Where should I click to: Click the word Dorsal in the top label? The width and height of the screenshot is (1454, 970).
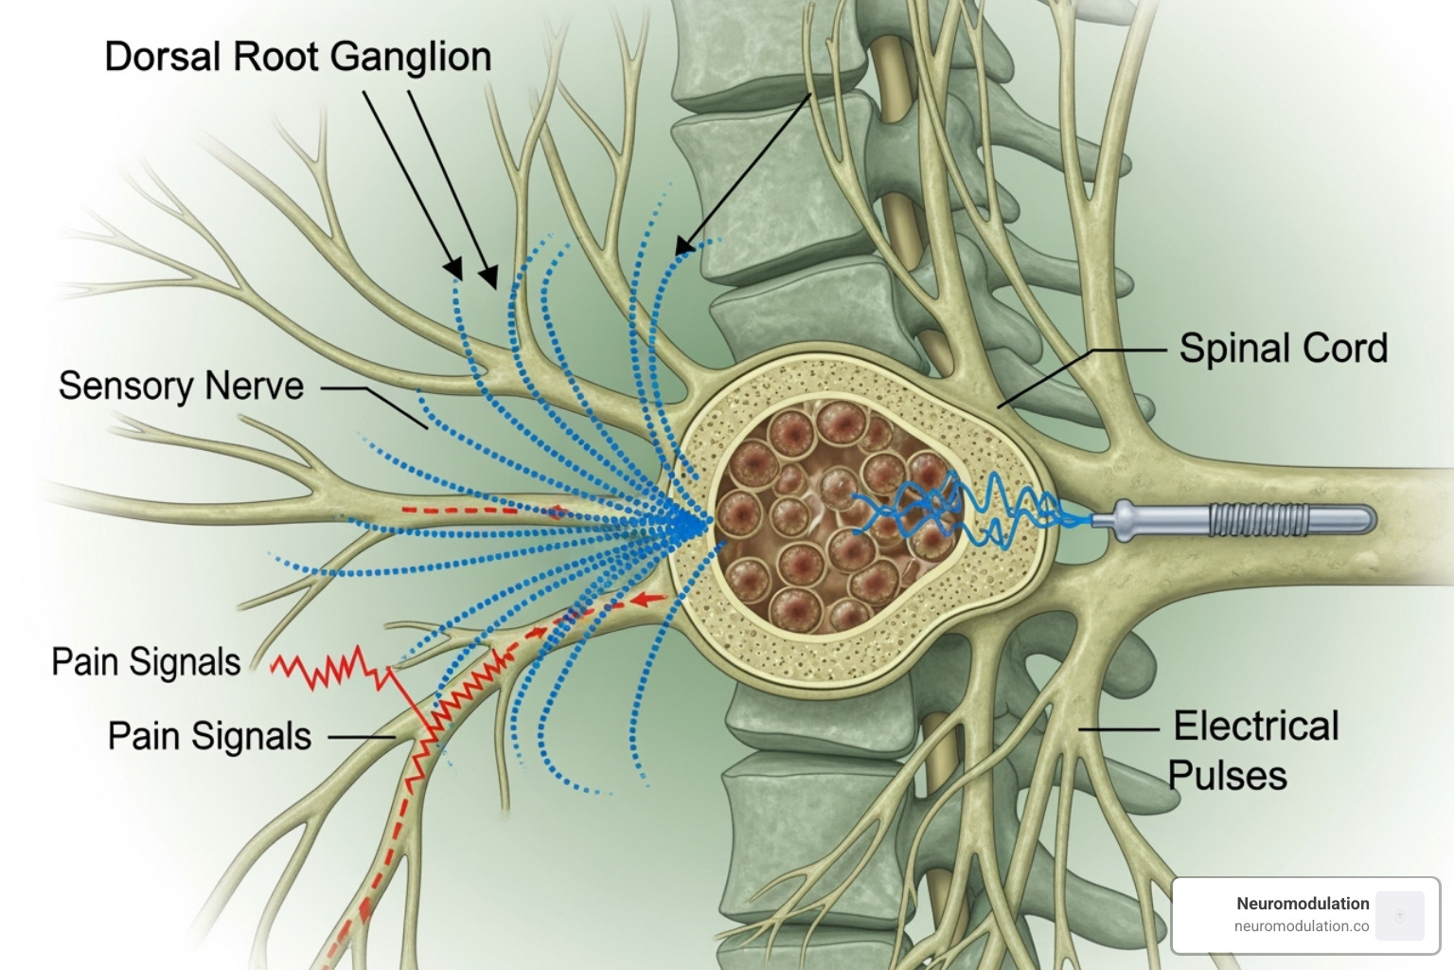[x=163, y=57]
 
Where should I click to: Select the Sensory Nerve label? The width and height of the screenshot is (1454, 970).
[x=181, y=386]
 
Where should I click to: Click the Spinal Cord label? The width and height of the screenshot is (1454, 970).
[x=1283, y=349]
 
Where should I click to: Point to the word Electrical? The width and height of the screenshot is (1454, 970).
[x=1255, y=727]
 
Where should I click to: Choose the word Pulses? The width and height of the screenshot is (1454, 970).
[x=1227, y=776]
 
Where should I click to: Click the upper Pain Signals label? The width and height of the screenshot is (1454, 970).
[x=146, y=662]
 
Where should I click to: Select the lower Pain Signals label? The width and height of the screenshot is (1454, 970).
[x=209, y=736]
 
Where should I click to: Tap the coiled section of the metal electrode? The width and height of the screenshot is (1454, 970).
[x=1258, y=519]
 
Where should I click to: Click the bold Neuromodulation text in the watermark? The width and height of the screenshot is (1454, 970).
[x=1303, y=904]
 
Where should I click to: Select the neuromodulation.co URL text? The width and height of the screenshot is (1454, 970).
[x=1301, y=926]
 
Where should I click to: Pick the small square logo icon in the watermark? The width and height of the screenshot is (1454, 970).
[x=1400, y=915]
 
